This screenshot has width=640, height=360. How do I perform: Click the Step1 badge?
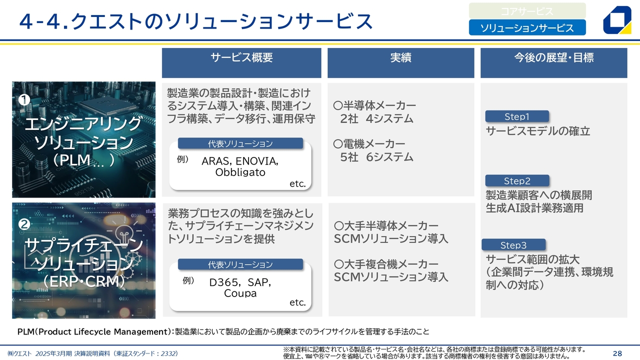[517, 116]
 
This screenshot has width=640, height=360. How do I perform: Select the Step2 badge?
[517, 180]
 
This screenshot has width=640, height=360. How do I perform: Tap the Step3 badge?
[513, 245]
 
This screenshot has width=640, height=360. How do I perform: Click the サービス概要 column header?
[241, 63]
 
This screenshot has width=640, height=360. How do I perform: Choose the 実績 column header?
[401, 63]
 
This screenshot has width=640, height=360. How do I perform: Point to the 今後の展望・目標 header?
[553, 63]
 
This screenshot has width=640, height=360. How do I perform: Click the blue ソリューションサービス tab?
[527, 27]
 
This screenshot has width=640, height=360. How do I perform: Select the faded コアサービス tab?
[527, 11]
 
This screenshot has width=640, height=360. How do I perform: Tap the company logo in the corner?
[617, 20]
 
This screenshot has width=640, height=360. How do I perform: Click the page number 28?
[617, 353]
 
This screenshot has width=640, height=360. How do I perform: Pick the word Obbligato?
[240, 172]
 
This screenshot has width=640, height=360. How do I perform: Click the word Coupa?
[240, 293]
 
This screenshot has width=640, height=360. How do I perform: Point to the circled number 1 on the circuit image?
[24, 99]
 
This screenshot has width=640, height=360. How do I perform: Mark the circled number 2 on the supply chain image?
[24, 224]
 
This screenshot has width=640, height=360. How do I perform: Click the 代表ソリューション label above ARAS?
[240, 143]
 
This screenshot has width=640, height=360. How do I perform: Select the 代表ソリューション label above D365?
[240, 264]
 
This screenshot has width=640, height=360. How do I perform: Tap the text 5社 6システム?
[376, 157]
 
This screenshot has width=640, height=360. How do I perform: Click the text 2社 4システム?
[376, 118]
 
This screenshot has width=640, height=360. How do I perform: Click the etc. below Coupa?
[297, 302]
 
